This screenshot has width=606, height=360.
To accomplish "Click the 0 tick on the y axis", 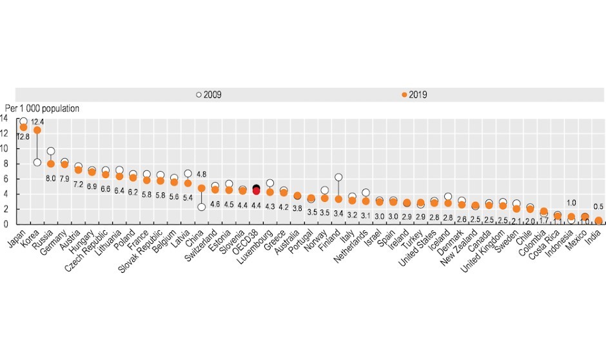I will point(5,224).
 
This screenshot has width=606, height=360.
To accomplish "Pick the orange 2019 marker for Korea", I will point(37,130).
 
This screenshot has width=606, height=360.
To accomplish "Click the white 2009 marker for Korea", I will point(37,162).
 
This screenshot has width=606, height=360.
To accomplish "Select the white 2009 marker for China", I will point(201,206).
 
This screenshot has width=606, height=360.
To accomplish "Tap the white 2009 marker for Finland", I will point(338,177).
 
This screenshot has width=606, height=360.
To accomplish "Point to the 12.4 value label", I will point(37,121).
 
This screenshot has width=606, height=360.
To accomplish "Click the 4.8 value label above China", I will point(201,174).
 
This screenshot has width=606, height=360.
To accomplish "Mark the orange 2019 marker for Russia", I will point(51,164).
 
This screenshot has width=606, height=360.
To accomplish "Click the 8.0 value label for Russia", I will point(51,178).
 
